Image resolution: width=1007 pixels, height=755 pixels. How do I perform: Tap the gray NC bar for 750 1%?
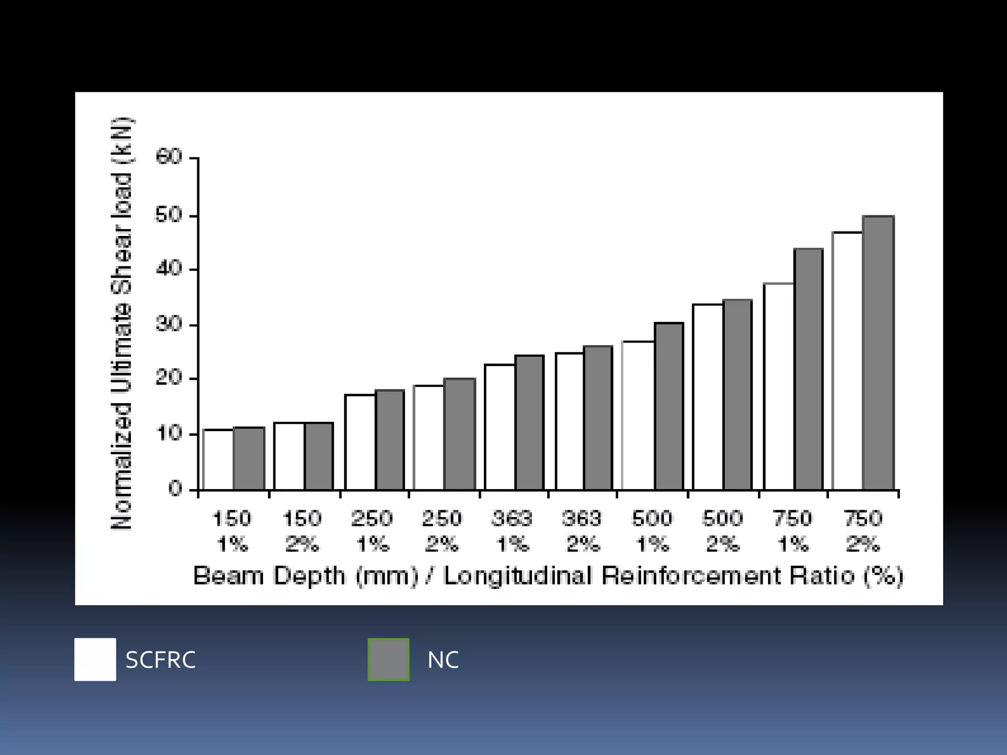point(808,369)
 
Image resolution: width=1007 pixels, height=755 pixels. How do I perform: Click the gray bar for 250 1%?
point(390,440)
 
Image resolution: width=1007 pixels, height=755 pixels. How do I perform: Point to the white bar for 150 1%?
point(218,460)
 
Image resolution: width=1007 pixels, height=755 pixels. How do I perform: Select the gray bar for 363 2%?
point(598,418)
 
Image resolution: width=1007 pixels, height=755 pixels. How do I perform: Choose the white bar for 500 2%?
point(708,397)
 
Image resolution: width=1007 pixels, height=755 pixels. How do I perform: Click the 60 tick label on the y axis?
point(169,157)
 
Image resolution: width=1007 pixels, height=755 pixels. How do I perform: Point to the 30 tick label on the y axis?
point(169,324)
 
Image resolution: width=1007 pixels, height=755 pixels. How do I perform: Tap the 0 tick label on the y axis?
point(175,489)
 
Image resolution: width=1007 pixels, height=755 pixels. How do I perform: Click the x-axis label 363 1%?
point(512,531)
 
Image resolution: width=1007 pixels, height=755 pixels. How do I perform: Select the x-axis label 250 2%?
point(442,531)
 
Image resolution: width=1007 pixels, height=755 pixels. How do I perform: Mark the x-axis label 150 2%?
point(302,531)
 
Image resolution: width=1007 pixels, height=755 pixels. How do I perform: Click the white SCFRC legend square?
point(95,659)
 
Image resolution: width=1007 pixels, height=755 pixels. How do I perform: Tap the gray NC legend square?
point(388,659)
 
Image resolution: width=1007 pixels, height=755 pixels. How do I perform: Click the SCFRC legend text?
point(161,660)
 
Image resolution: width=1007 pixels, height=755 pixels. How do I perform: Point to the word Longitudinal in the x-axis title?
point(517,576)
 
